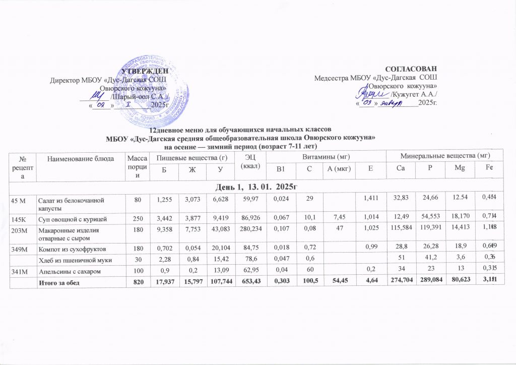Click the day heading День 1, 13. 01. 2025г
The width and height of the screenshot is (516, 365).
(257, 188)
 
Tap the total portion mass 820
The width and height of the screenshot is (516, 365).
(134, 286)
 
